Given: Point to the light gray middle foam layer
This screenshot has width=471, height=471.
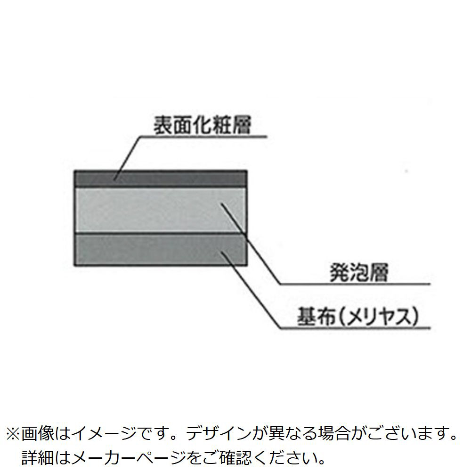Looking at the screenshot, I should tap(160, 210).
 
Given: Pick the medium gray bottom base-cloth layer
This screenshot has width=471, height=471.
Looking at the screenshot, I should tap(160, 250).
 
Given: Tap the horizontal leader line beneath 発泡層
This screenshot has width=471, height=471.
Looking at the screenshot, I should tap(353, 284).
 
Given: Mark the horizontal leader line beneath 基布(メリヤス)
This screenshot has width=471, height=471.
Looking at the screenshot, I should tap(353, 327).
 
